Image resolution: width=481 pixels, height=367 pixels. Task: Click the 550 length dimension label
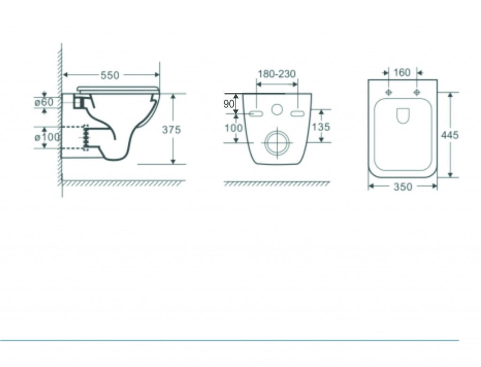click(x=110, y=75)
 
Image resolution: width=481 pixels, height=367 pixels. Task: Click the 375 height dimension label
click(x=171, y=130)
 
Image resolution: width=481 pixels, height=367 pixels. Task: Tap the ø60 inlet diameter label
click(x=44, y=102)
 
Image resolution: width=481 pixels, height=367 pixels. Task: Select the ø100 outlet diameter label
click(x=47, y=137)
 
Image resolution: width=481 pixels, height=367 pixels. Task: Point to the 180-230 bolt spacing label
click(x=277, y=74)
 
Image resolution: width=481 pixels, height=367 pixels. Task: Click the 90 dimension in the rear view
click(x=229, y=104)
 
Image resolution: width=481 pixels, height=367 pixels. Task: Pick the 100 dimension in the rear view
click(x=234, y=128)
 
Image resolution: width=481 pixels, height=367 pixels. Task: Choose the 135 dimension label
click(x=321, y=127)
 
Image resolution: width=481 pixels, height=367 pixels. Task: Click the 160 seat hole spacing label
click(x=402, y=73)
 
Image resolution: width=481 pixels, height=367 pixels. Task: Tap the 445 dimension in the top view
click(x=450, y=135)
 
